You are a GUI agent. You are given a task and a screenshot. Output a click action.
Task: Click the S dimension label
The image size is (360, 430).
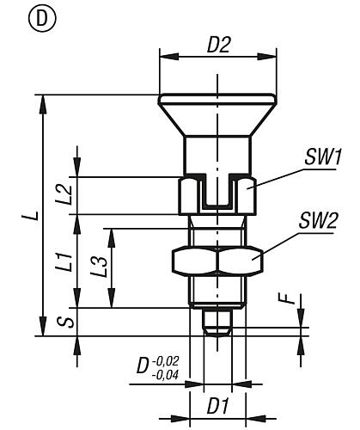pyautogui.click(x=63, y=322)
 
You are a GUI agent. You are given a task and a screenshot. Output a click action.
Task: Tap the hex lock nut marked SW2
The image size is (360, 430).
pyautogui.click(x=217, y=260)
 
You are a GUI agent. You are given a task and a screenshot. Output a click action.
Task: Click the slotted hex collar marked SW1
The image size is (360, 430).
pyautogui.click(x=217, y=196)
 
